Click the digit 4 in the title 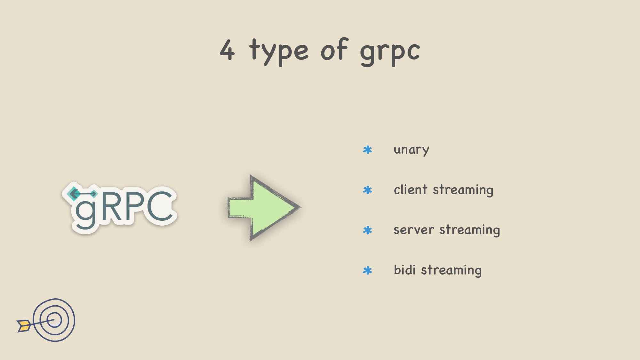[x=228, y=50]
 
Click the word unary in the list [x=411, y=150]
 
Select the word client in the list [x=411, y=189]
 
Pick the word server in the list [x=414, y=230]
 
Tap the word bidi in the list [x=404, y=269]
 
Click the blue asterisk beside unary [x=367, y=150]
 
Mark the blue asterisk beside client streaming [x=367, y=190]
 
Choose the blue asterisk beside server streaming [x=367, y=230]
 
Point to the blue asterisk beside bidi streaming [x=367, y=270]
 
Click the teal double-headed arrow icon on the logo [x=83, y=194]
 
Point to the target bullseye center [x=54, y=320]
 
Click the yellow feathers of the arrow [x=24, y=325]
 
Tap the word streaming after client [x=463, y=190]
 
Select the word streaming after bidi [x=451, y=270]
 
